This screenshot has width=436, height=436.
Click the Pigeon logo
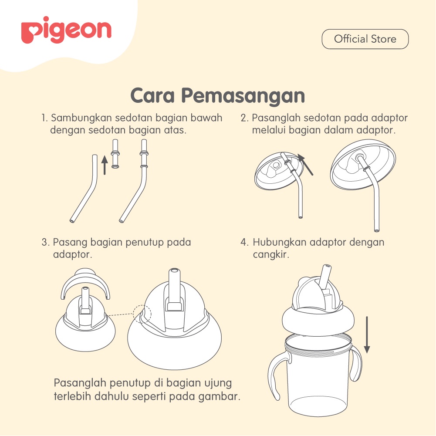[66, 30]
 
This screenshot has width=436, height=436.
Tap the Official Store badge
[365, 39]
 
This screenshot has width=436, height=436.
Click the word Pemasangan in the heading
[243, 96]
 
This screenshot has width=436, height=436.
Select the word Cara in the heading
[152, 95]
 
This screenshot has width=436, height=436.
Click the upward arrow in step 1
[105, 165]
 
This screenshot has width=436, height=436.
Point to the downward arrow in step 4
[367, 335]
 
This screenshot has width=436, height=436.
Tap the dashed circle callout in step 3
[142, 314]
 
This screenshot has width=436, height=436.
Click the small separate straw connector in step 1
[115, 154]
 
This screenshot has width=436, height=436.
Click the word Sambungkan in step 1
[81, 118]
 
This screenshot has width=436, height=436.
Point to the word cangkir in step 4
[271, 254]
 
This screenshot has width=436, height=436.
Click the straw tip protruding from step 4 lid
[325, 276]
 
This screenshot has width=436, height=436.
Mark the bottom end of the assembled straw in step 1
[122, 221]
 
